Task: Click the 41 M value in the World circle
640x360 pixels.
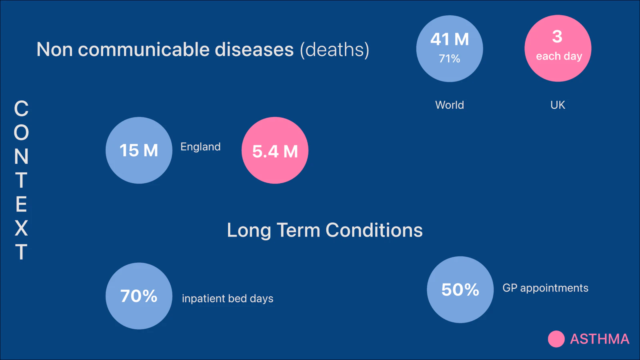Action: point(450,39)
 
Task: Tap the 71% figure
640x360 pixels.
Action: point(450,58)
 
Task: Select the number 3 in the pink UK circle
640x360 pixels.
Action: point(558,36)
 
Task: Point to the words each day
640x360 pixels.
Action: point(559,56)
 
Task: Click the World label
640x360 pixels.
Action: point(450,105)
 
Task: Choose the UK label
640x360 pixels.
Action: point(558,105)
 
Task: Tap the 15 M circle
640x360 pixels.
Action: point(139,150)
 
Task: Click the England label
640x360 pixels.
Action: point(200,147)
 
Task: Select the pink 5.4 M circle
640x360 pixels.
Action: point(275,150)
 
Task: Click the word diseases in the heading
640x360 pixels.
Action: point(254,50)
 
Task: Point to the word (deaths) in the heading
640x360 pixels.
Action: point(334,50)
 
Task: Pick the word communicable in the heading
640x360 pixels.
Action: point(144,50)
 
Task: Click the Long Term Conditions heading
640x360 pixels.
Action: point(324,230)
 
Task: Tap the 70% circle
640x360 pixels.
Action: point(139,296)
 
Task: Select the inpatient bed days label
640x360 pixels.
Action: point(228,298)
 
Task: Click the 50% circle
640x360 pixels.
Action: point(460,290)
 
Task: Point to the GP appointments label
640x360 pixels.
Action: point(546,288)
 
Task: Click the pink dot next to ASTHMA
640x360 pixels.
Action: point(556,339)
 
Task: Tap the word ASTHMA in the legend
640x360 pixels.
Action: point(600,339)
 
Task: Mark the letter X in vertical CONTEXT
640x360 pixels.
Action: point(21,228)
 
